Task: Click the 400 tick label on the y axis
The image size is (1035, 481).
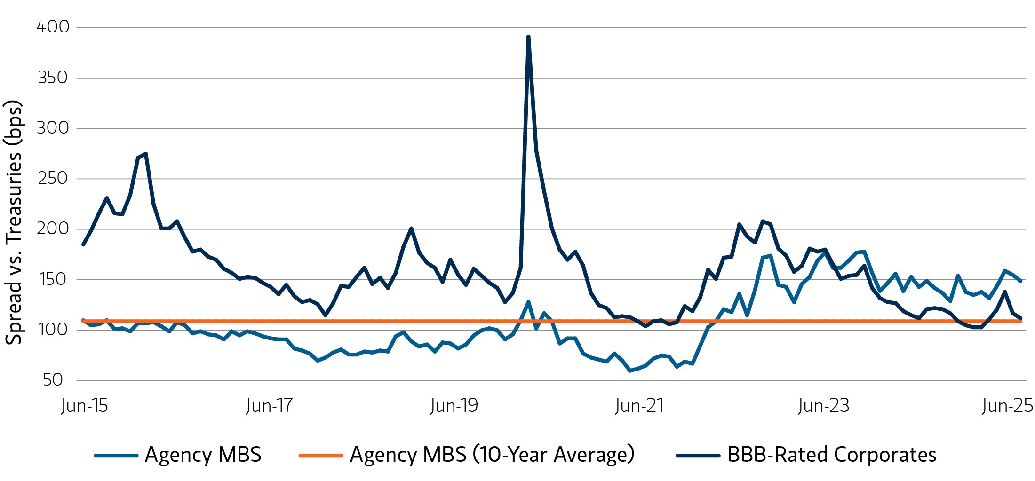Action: pyautogui.click(x=53, y=27)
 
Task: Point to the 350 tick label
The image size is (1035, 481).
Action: pyautogui.click(x=53, y=78)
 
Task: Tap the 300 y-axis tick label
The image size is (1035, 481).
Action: pyautogui.click(x=53, y=128)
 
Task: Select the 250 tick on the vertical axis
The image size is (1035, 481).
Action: pyautogui.click(x=53, y=179)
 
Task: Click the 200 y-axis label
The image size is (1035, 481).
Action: pyautogui.click(x=53, y=229)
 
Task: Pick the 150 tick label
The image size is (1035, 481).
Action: pyautogui.click(x=53, y=279)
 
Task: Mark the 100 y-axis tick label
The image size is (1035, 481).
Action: pyautogui.click(x=53, y=330)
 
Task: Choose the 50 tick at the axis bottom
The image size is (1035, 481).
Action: pyautogui.click(x=53, y=380)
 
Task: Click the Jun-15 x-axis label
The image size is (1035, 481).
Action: pyautogui.click(x=85, y=405)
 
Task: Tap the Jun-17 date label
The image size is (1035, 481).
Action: pyautogui.click(x=269, y=405)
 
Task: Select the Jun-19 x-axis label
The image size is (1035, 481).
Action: pyautogui.click(x=454, y=405)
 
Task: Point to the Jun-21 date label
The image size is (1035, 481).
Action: pyautogui.click(x=639, y=405)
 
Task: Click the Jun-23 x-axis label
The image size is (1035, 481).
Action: pyautogui.click(x=824, y=405)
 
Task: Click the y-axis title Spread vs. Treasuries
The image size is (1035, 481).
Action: pyautogui.click(x=13, y=222)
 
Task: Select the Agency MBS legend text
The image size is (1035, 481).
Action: pyautogui.click(x=203, y=455)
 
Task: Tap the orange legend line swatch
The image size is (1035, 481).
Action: pyautogui.click(x=320, y=456)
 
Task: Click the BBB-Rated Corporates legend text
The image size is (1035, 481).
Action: pyautogui.click(x=831, y=455)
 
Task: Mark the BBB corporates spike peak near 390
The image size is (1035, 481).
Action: pyautogui.click(x=528, y=37)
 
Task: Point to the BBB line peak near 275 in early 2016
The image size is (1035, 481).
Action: pyautogui.click(x=146, y=154)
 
